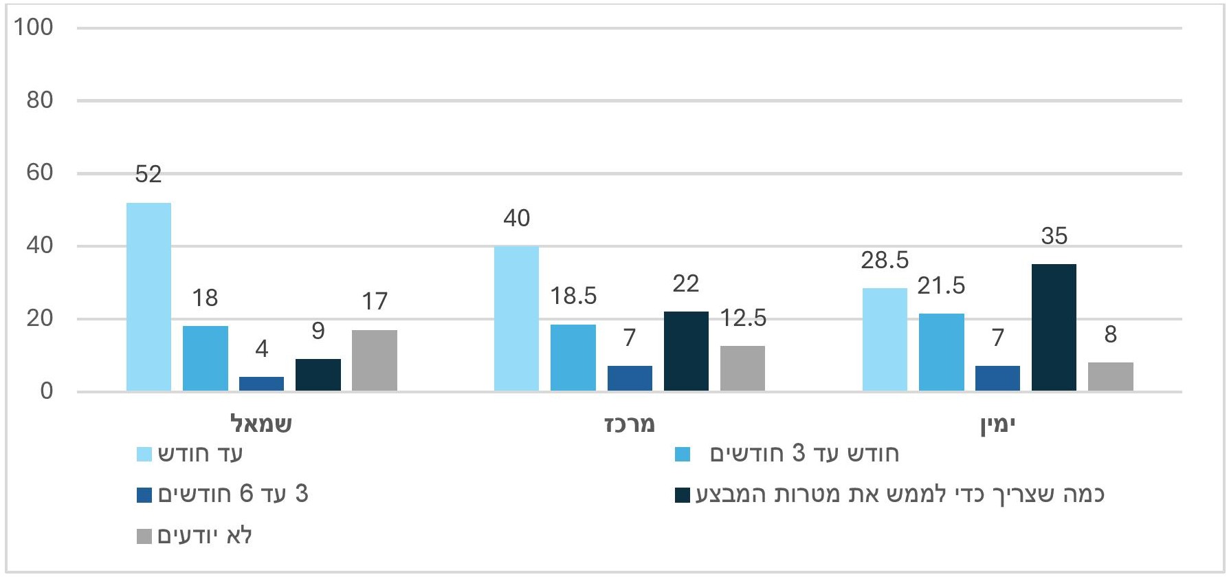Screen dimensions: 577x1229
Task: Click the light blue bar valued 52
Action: (x=149, y=296)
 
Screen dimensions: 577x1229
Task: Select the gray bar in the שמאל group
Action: (x=375, y=360)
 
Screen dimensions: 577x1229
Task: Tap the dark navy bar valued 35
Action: (x=1054, y=327)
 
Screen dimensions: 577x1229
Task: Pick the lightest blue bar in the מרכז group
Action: (x=517, y=318)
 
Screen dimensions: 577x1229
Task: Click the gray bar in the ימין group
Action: (x=1110, y=376)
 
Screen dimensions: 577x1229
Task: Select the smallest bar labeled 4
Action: (x=261, y=384)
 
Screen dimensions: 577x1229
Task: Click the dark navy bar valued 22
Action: (x=686, y=351)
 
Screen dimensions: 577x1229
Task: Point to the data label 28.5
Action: (x=885, y=261)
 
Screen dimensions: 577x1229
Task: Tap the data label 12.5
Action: (x=743, y=318)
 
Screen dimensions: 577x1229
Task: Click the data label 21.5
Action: (x=941, y=285)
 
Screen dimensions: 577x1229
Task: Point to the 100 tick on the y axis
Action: (x=34, y=28)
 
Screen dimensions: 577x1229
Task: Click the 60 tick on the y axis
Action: (x=40, y=173)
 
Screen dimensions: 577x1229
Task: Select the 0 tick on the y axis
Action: (x=46, y=391)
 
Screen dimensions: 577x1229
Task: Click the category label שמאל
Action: (x=261, y=424)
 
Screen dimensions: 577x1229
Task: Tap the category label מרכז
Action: (x=630, y=424)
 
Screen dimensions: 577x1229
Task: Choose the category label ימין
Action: (x=998, y=424)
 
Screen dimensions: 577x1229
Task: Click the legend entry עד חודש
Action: (x=200, y=454)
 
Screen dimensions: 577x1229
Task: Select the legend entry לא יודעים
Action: (x=205, y=536)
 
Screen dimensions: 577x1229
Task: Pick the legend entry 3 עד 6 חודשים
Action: (x=233, y=494)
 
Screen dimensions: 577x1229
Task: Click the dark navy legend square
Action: (x=683, y=495)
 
